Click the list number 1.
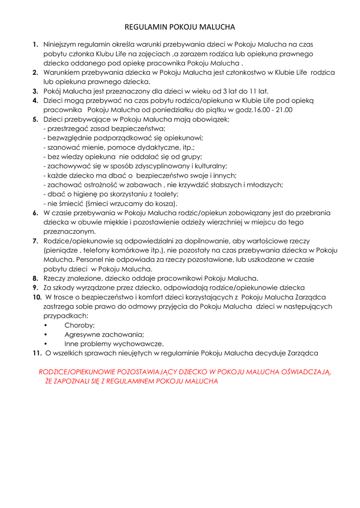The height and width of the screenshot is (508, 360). point(35,45)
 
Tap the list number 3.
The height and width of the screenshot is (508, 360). point(36,91)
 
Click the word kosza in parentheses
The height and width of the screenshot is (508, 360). point(164,203)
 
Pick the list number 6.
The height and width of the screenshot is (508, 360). point(36,213)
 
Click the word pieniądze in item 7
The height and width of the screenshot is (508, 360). point(61,250)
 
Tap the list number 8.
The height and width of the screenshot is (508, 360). point(36,278)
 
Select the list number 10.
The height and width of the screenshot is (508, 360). point(37,297)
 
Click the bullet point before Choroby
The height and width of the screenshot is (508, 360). point(46,325)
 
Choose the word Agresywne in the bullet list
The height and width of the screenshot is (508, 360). point(82,334)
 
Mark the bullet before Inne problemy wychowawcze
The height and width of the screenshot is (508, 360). point(46,344)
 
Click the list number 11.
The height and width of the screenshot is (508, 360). point(37,353)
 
